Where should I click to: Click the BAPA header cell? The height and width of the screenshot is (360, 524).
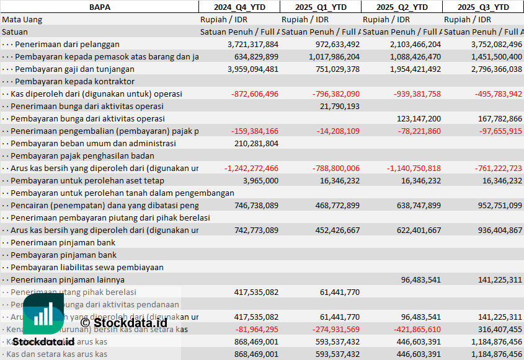point(99,7)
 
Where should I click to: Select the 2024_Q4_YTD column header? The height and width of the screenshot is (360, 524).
point(239,7)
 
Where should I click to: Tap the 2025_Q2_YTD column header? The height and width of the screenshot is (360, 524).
point(401,7)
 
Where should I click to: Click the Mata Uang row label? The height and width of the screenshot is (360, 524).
point(22,19)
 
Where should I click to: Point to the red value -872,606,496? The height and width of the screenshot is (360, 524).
point(254,94)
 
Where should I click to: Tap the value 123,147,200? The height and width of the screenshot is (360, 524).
point(419,118)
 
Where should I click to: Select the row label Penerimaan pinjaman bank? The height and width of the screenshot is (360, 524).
point(63,242)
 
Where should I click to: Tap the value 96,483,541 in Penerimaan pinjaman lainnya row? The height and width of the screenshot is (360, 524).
point(421,279)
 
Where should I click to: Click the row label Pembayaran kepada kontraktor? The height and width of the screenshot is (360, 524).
point(74,81)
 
